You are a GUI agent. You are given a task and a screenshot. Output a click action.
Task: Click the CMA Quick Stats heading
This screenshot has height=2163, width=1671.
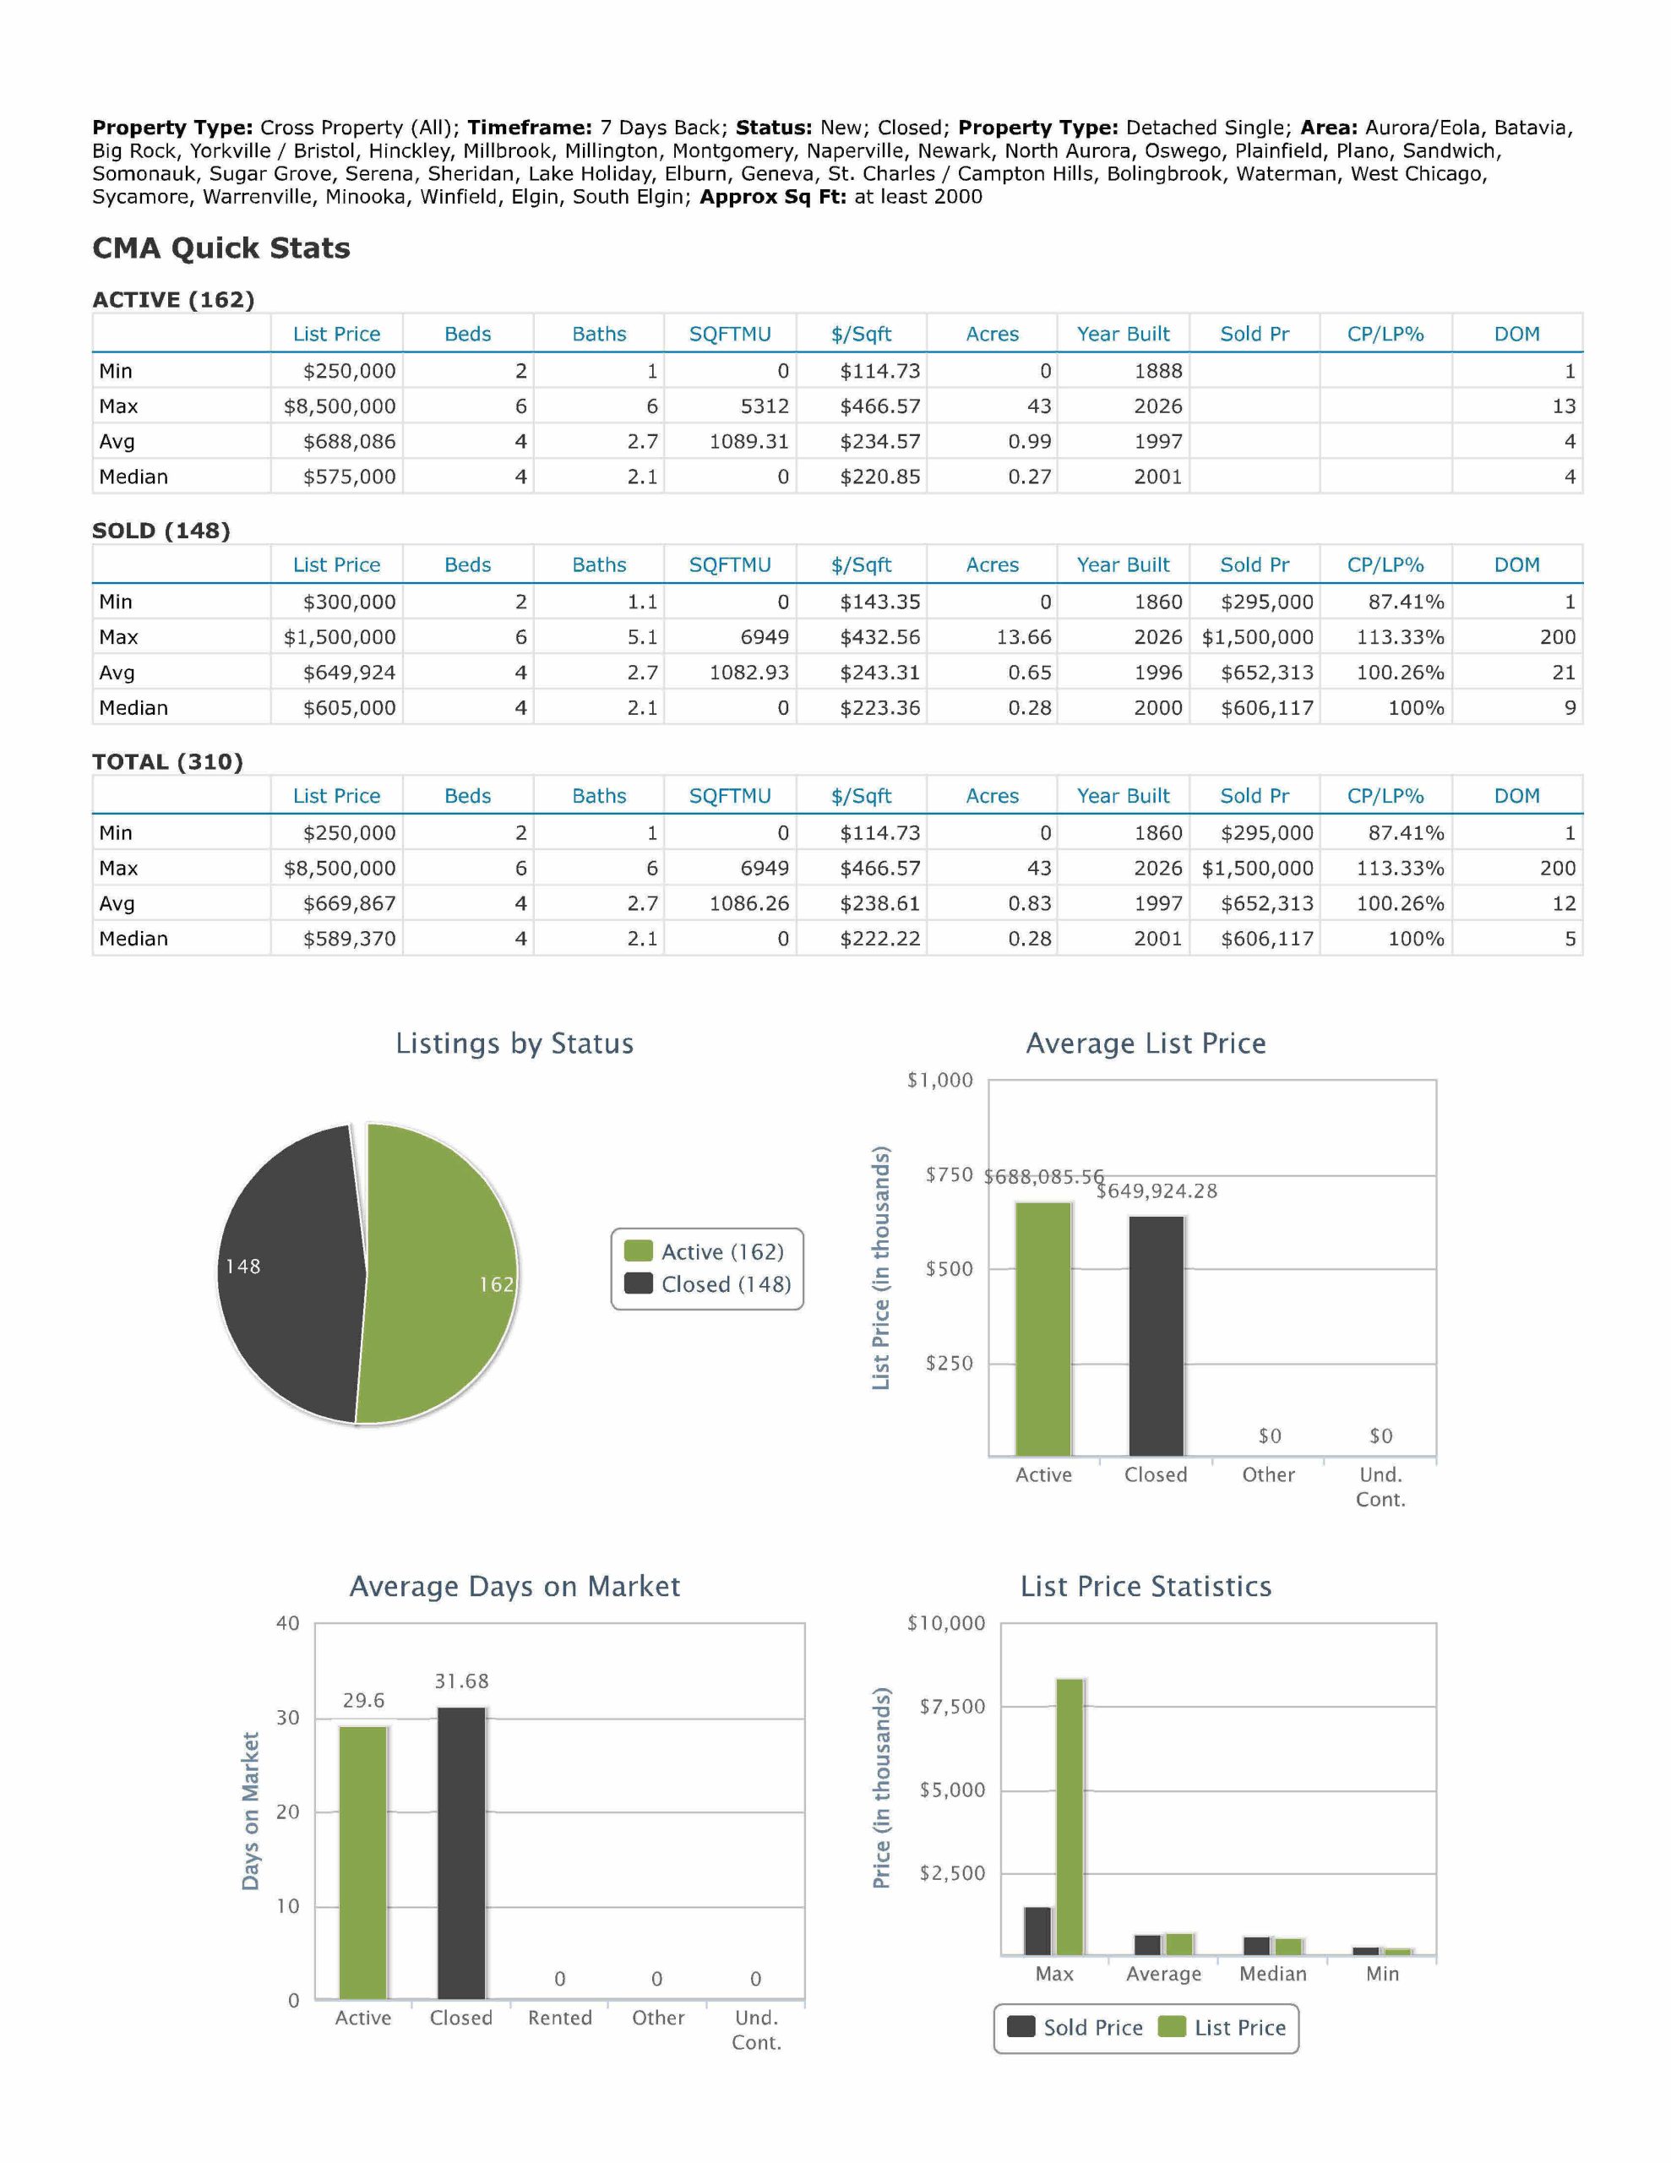click(x=220, y=248)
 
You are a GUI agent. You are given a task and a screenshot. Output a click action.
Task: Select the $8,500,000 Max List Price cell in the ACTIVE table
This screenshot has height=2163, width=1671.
click(x=340, y=406)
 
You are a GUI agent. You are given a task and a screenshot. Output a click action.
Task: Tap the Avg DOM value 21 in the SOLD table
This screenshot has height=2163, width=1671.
click(x=1563, y=673)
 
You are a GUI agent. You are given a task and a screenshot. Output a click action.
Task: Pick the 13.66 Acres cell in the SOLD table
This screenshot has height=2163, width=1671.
click(x=1023, y=637)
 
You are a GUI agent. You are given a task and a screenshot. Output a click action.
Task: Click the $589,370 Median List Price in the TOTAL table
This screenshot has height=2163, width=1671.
click(x=349, y=939)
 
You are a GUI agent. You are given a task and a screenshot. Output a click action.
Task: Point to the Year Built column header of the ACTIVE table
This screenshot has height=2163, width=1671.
click(x=1124, y=334)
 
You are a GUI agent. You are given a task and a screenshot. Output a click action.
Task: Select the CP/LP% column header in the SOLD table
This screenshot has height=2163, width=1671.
click(x=1385, y=564)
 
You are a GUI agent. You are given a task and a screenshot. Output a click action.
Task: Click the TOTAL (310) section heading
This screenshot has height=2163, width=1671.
click(x=167, y=761)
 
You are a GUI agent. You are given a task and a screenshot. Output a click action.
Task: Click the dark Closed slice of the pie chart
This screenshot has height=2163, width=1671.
click(x=287, y=1272)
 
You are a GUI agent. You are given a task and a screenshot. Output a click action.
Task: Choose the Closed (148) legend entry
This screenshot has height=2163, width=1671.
click(x=708, y=1284)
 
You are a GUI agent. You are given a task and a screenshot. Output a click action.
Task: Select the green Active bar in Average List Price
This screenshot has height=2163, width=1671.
click(x=1043, y=1329)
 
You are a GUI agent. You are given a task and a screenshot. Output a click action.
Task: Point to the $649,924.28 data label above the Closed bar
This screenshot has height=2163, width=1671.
click(x=1156, y=1190)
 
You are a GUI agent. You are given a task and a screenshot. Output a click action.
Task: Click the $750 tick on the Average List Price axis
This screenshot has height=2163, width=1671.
click(x=949, y=1174)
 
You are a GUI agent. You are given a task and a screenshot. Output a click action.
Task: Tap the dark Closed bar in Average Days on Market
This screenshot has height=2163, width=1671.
click(x=461, y=1853)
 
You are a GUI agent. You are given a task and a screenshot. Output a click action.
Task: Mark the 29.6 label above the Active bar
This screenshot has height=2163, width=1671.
click(x=363, y=1701)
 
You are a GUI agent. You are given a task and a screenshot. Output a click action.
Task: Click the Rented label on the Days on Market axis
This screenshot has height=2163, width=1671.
click(x=559, y=2018)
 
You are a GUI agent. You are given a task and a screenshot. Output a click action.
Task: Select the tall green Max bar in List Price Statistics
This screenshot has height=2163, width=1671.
click(x=1070, y=1817)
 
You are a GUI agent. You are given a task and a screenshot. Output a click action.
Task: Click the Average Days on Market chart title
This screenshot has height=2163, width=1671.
click(x=515, y=1587)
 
